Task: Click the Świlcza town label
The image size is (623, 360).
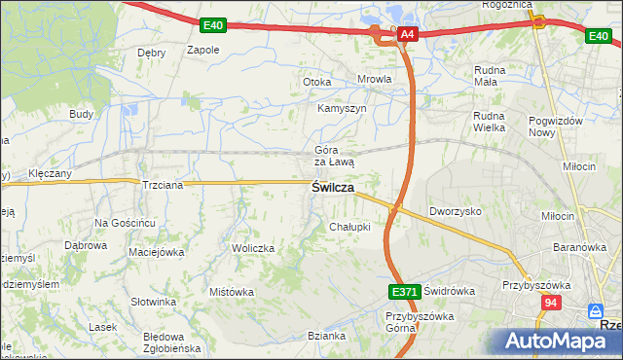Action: pyautogui.click(x=332, y=188)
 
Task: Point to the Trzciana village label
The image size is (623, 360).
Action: pyautogui.click(x=161, y=185)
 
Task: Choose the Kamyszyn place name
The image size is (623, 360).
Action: pyautogui.click(x=342, y=108)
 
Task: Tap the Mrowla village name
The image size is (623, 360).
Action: pyautogui.click(x=375, y=80)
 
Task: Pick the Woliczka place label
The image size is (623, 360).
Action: pyautogui.click(x=253, y=249)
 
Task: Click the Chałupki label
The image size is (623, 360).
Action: pyautogui.click(x=350, y=228)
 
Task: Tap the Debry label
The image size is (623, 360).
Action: pyautogui.click(x=152, y=53)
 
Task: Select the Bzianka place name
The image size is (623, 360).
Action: pyautogui.click(x=327, y=336)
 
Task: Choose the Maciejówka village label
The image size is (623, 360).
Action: pyautogui.click(x=156, y=253)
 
